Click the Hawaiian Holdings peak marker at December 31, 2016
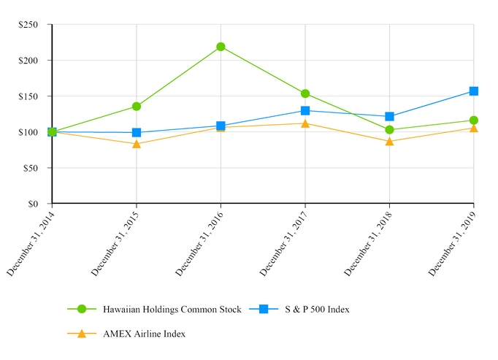tap(221, 47)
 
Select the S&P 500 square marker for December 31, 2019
tap(474, 91)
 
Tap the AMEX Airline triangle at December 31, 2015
tap(137, 144)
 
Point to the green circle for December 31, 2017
tap(305, 93)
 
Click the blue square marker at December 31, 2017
tap(305, 110)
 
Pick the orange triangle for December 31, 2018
tap(389, 141)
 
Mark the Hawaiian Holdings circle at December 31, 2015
tap(137, 107)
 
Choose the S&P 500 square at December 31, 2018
tap(389, 116)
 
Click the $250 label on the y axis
tap(34, 25)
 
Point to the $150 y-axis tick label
tap(34, 96)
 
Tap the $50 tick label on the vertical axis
tap(37, 168)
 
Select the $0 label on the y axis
tap(39, 204)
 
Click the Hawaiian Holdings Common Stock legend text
tap(172, 310)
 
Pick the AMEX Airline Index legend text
tap(144, 334)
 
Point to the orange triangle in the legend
tap(82, 334)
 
